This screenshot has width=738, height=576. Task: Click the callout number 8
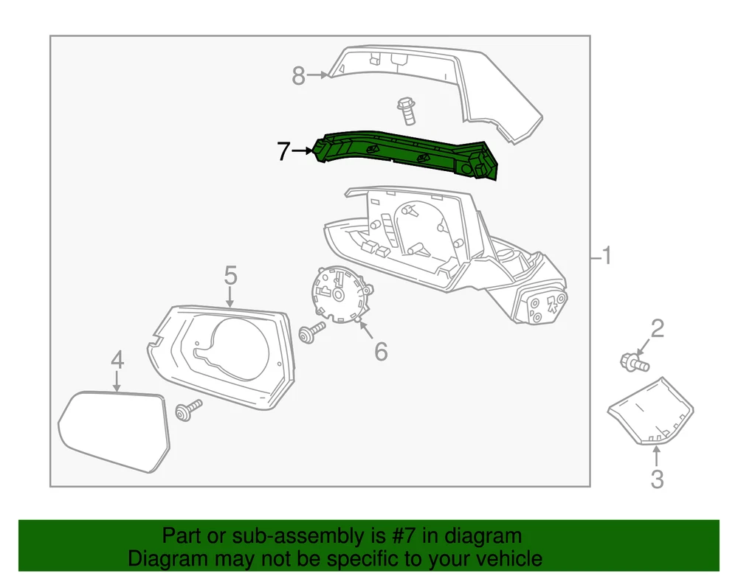(x=298, y=75)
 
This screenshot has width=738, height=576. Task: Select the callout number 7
(x=283, y=151)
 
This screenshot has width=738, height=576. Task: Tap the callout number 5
(x=230, y=275)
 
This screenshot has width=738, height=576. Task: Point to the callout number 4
(x=117, y=360)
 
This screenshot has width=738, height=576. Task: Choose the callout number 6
(x=381, y=351)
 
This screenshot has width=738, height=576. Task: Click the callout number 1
(x=606, y=255)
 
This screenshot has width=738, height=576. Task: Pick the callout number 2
(x=657, y=328)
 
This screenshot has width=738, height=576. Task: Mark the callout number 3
(x=657, y=479)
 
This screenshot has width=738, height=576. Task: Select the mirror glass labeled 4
(x=114, y=430)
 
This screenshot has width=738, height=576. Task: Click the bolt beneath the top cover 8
(x=407, y=111)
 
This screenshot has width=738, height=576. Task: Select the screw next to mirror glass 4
(x=188, y=410)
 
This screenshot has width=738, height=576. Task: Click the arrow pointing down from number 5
(x=230, y=298)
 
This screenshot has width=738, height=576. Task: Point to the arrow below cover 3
(x=657, y=456)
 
